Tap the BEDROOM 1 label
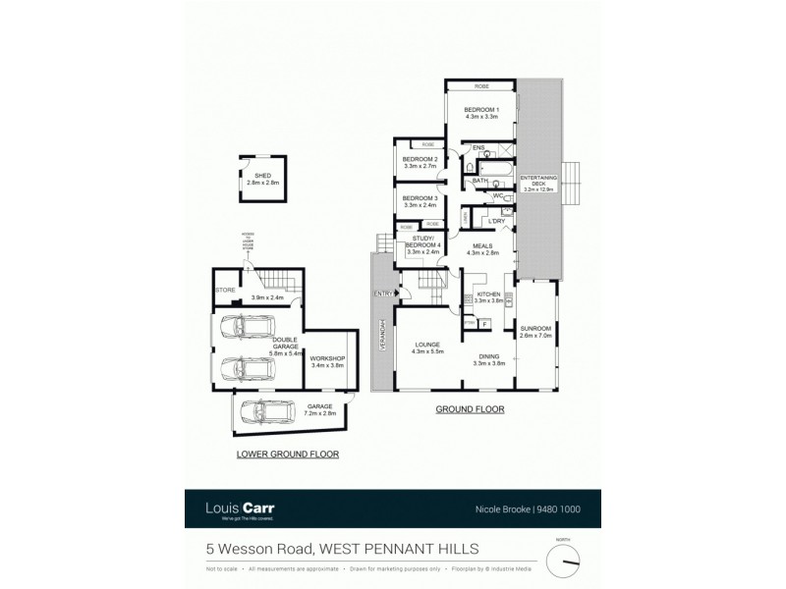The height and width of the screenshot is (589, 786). click(482, 109)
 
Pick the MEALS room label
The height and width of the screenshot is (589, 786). click(482, 247)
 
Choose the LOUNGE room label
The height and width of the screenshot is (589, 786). click(432, 345)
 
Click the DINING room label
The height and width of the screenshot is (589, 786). click(489, 357)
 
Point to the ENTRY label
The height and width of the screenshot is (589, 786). click(383, 294)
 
